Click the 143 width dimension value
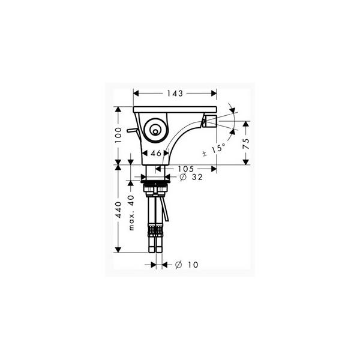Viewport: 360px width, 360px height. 175,94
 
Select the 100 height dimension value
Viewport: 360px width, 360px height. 118,135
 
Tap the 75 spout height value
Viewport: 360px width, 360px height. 246,144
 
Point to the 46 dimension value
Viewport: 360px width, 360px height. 156,153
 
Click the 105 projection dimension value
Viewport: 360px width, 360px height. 186,169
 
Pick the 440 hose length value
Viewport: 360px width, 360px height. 118,210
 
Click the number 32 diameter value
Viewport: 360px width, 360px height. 197,177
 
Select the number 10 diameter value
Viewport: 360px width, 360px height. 193,265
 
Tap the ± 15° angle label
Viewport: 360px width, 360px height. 214,149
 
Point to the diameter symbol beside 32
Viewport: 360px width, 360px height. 183,177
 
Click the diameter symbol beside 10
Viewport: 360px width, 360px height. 178,265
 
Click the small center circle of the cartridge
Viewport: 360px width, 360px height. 155,132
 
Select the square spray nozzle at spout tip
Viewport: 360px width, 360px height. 211,121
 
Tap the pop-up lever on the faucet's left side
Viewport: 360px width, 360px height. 132,130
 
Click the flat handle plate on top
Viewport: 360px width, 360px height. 175,109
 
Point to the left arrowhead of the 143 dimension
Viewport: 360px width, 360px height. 136,94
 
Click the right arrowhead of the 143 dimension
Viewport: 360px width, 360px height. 214,94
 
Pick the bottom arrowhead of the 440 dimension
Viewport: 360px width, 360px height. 118,250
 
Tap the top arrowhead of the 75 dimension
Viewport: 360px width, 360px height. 246,124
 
